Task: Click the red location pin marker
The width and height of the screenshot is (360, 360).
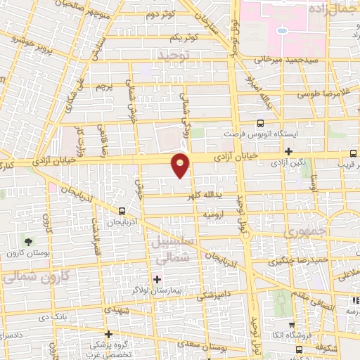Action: tap(181, 165)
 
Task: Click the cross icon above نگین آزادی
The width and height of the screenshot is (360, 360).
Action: tap(289, 151)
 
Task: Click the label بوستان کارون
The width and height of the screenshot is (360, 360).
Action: tap(27, 253)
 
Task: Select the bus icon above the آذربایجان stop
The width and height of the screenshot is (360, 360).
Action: tap(122, 210)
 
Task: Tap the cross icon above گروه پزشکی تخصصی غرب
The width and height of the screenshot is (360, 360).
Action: tap(108, 334)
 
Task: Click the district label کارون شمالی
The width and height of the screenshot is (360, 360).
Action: tap(28, 277)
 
